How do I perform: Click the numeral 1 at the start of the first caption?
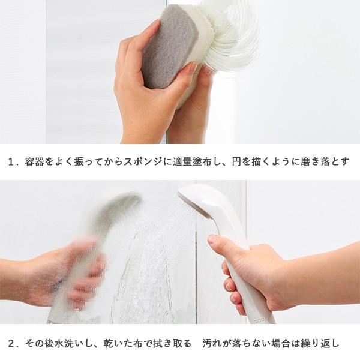point(11,161)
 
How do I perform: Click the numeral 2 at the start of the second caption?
point(11,343)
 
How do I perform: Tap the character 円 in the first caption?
point(236,161)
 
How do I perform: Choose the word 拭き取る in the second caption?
point(174,343)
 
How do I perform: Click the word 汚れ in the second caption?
point(211,343)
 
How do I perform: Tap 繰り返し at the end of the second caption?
point(322,343)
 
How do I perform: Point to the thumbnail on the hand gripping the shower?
point(213,239)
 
